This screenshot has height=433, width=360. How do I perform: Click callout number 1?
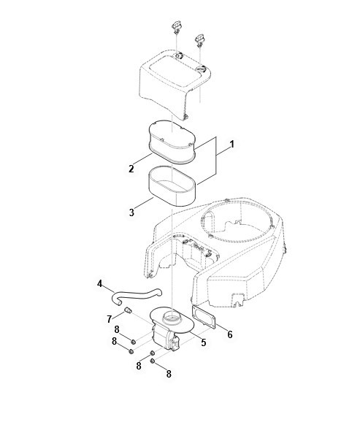tap(232, 145)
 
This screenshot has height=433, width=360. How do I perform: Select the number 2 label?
tap(131, 169)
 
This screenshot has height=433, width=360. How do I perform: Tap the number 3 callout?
tap(131, 212)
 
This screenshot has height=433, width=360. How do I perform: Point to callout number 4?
tap(99, 283)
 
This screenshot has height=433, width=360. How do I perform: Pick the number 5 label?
tap(204, 342)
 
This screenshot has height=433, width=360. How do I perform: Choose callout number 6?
tap(230, 334)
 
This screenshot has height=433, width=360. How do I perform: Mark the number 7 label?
tap(110, 319)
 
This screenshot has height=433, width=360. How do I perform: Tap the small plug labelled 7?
tap(127, 310)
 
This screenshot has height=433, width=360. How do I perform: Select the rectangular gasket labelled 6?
tap(204, 317)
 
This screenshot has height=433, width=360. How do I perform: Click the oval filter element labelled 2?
tap(172, 142)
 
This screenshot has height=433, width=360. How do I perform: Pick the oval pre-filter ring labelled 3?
tap(172, 186)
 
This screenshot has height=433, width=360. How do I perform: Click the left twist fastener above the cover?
tap(176, 27)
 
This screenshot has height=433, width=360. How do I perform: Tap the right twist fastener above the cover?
tap(199, 40)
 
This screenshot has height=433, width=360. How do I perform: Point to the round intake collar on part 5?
tap(172, 319)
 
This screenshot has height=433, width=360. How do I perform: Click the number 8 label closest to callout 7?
tap(117, 329)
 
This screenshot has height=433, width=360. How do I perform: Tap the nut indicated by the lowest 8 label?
tap(152, 361)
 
